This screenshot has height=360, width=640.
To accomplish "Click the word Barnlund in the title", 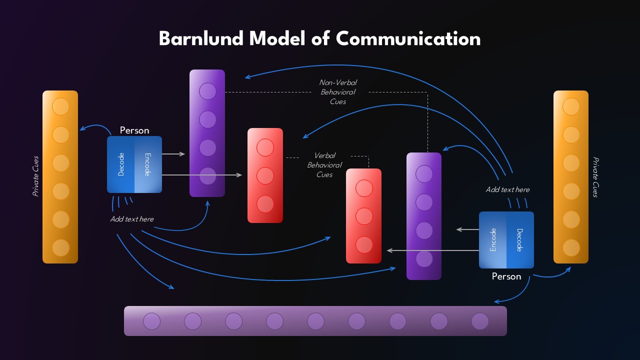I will point(201,38).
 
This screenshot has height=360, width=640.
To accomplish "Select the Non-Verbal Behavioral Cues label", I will point(338,92).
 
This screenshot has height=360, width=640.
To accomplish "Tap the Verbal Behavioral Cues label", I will point(324,165).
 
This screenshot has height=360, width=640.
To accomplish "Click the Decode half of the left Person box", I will point(121,164).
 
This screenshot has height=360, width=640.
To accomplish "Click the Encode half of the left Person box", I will point(148,164).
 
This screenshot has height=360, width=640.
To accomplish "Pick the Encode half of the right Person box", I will point(493,240).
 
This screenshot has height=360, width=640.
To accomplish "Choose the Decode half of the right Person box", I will point(520,240).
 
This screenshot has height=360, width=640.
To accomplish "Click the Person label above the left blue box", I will point(134,130).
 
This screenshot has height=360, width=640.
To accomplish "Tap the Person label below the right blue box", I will point(506,276).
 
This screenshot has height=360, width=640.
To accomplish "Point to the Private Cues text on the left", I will point(35,176).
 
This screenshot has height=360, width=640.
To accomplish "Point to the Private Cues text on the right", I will point(595,177).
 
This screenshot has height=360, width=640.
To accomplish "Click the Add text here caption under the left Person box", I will point(132,219).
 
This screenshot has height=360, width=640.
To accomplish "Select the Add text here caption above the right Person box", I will point(507,189).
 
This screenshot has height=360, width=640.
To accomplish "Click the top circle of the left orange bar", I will point(60,106).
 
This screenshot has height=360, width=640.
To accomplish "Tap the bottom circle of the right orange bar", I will point(571,247).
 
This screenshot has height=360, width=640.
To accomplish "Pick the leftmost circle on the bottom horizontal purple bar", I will point(152,321).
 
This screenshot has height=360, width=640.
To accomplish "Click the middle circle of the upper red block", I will point(265,175).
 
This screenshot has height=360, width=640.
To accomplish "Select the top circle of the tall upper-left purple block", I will point(207,91).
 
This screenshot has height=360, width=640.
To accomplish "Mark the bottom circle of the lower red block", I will point(364,244).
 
